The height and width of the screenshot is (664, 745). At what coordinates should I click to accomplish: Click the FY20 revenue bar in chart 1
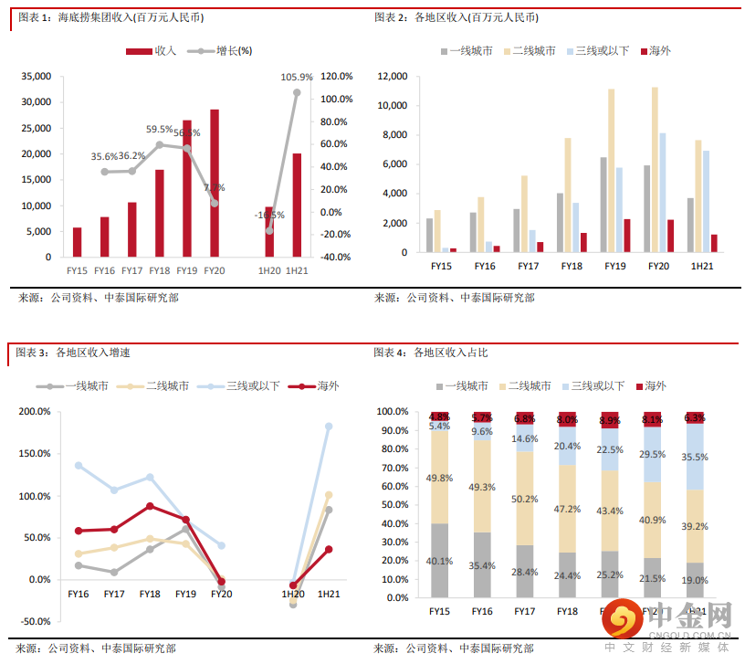tap(215, 183)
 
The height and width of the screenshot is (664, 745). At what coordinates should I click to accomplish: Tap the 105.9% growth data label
tap(297, 78)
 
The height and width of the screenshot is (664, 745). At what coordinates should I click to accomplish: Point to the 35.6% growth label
tap(104, 157)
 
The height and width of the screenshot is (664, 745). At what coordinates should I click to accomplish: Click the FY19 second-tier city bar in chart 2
tap(612, 170)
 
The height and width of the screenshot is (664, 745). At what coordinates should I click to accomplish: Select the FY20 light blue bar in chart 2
tap(662, 193)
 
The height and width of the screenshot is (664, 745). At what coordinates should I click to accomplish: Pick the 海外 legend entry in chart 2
tap(656, 51)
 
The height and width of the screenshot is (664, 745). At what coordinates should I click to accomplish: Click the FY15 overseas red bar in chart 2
tap(453, 249)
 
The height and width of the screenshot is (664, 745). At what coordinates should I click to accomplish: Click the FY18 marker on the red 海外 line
tap(150, 506)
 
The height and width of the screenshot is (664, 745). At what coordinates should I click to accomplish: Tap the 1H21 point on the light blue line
tap(329, 427)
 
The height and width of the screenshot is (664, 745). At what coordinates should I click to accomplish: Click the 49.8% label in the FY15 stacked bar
tap(440, 478)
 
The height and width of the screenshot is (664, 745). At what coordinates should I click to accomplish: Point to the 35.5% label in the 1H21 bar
tap(696, 457)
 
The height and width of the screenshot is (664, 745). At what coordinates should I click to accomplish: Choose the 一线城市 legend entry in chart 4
tap(463, 386)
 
